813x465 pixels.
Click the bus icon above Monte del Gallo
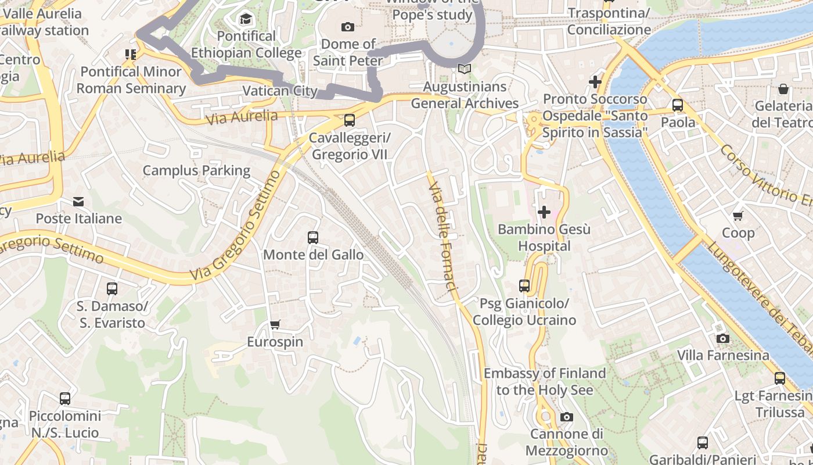[x=313, y=237]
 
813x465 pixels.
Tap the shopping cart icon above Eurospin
[x=275, y=324]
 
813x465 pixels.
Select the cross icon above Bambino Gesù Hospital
[x=544, y=212]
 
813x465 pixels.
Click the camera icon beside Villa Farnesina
[x=722, y=338]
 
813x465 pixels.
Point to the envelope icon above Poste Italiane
[x=78, y=202]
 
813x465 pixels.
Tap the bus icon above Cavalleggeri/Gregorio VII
[x=349, y=120]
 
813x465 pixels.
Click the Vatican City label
[x=280, y=91]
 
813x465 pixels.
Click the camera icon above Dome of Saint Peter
[x=348, y=27]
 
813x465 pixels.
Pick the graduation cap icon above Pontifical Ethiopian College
[x=246, y=19]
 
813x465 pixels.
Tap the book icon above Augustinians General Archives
[x=464, y=69]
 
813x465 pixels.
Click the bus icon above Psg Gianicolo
[x=524, y=286]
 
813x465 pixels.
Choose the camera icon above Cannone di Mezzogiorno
[x=566, y=417]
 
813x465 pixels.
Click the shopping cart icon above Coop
[x=738, y=216]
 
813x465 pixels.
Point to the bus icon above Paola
[x=678, y=105]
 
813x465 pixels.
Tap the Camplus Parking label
[x=196, y=170]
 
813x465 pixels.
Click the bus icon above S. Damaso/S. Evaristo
[x=112, y=289]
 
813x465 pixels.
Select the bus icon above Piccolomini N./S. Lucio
[x=65, y=399]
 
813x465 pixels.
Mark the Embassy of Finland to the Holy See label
[x=544, y=381]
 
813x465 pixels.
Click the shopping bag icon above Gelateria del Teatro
[x=783, y=89]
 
